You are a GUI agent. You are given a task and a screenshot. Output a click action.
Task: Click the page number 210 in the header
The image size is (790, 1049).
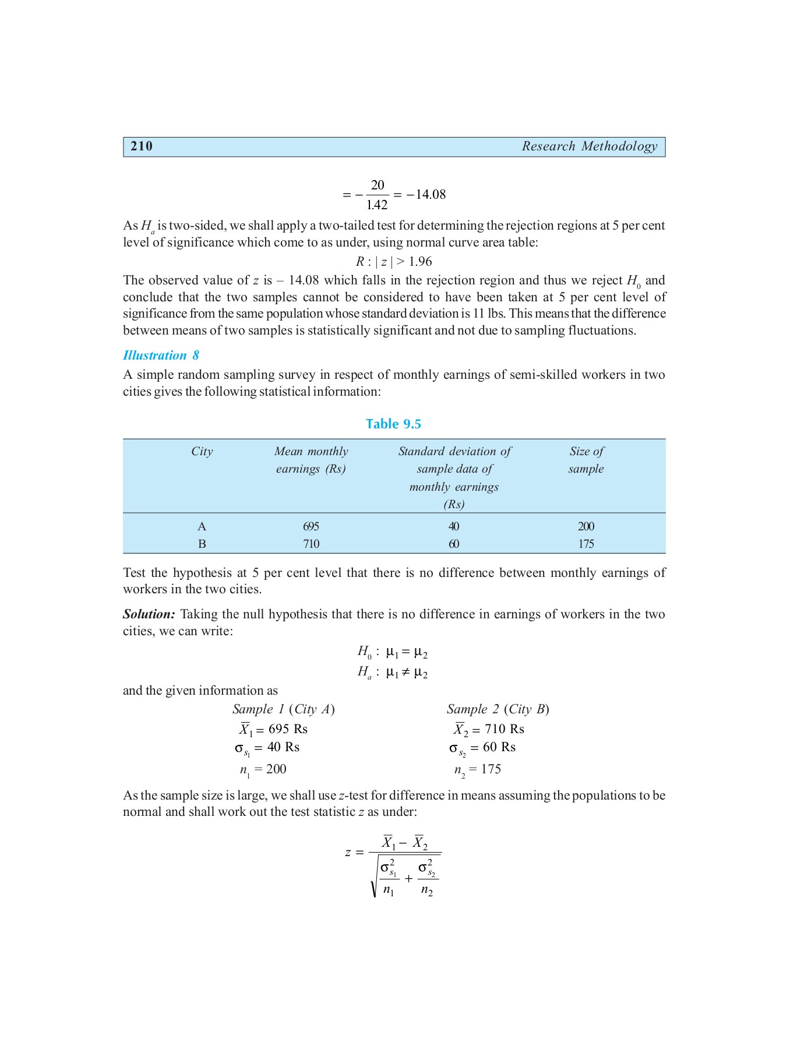point(142,146)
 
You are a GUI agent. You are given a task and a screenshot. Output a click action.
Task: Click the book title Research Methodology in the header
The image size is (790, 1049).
point(589,146)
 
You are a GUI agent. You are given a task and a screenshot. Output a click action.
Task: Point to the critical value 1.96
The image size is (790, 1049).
point(420,262)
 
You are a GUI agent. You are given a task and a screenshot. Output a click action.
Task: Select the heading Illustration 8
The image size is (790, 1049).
point(161,355)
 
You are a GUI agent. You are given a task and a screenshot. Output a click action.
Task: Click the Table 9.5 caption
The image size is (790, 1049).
point(393,424)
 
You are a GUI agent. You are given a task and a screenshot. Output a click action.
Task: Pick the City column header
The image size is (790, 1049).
point(202,452)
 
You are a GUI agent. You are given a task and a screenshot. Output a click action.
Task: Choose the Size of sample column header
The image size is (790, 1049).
point(586,460)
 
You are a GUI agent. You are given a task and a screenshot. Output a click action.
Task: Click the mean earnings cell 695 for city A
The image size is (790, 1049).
point(311,526)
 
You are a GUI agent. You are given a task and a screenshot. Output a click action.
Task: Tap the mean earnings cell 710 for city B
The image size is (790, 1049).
point(311,544)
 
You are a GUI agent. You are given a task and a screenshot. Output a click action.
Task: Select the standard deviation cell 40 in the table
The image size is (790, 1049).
point(454,526)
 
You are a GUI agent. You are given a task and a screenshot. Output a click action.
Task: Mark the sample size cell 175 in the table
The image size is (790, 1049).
point(586,544)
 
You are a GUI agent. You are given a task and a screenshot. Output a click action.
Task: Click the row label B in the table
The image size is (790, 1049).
point(202,544)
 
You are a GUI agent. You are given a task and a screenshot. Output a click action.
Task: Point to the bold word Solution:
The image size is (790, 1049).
point(149,614)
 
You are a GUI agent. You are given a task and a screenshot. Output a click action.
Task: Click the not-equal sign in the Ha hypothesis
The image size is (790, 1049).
point(406,673)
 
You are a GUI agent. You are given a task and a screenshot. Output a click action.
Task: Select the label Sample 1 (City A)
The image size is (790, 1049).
point(283,709)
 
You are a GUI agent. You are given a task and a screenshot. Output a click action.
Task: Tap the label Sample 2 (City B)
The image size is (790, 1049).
point(498,709)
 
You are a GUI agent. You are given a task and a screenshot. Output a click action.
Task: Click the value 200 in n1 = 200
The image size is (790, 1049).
point(276,769)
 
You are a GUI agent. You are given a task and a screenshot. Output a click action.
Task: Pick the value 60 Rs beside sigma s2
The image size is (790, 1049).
point(499,747)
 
